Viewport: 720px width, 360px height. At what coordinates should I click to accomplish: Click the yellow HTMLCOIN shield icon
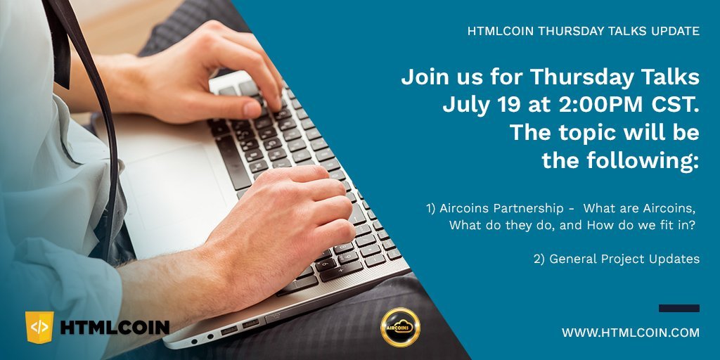[x=39, y=327]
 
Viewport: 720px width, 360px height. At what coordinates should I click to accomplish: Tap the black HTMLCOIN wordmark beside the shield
[x=115, y=328]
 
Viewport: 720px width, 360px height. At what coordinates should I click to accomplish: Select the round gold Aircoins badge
[x=400, y=327]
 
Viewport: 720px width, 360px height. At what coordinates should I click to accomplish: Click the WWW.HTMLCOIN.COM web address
[x=631, y=333]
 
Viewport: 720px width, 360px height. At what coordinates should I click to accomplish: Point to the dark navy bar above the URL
[x=679, y=308]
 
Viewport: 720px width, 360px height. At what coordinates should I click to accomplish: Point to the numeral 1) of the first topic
[x=431, y=208]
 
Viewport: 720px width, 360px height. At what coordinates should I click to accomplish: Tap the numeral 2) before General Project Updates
[x=539, y=259]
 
